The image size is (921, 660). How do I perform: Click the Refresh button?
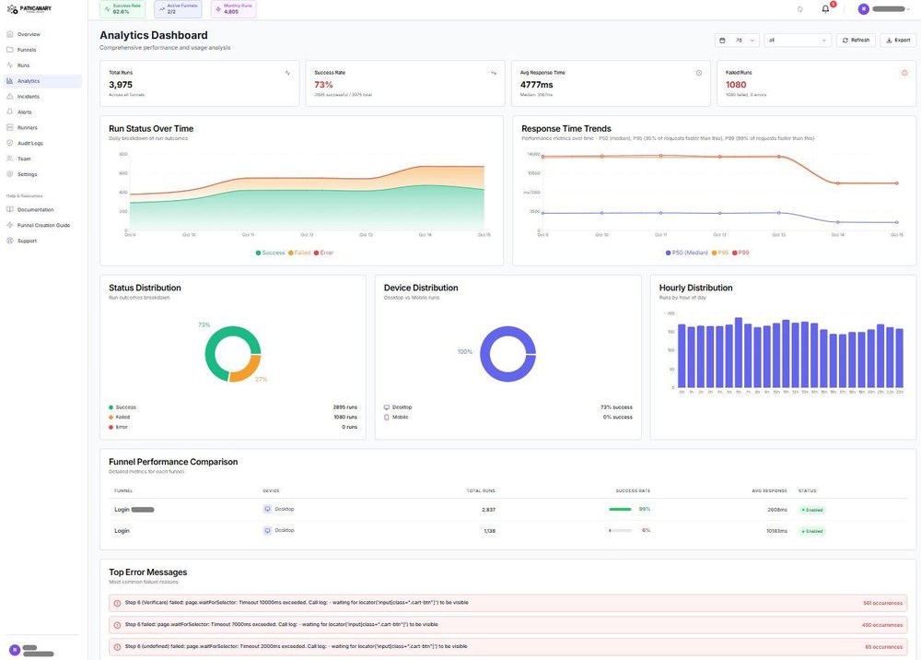(856, 41)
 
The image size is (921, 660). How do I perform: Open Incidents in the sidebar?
(29, 96)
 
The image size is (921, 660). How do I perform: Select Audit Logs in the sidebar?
(30, 143)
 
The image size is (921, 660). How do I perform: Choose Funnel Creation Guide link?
(43, 225)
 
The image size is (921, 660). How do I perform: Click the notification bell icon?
(825, 9)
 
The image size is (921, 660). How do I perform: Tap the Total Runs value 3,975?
(121, 85)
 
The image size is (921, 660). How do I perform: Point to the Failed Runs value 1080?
(736, 85)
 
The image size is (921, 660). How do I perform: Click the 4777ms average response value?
(537, 85)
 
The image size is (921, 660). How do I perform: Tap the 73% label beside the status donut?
(204, 324)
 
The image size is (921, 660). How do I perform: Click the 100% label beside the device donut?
(464, 351)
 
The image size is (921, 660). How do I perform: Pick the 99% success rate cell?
(645, 509)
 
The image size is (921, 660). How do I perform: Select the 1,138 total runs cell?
(489, 531)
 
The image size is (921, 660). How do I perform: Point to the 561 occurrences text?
(882, 603)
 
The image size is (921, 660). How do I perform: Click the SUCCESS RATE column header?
(633, 490)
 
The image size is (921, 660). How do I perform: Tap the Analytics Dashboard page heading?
(154, 35)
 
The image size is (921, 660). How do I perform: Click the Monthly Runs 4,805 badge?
(234, 9)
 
